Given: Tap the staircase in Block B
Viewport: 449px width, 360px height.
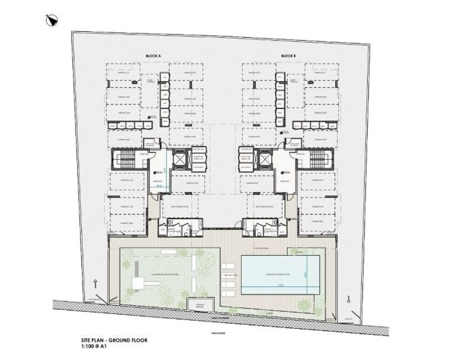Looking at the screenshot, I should point(317,161).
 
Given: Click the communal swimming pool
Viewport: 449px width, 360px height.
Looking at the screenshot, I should point(280,275).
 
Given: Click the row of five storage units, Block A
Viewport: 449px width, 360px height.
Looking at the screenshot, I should point(163,100).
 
